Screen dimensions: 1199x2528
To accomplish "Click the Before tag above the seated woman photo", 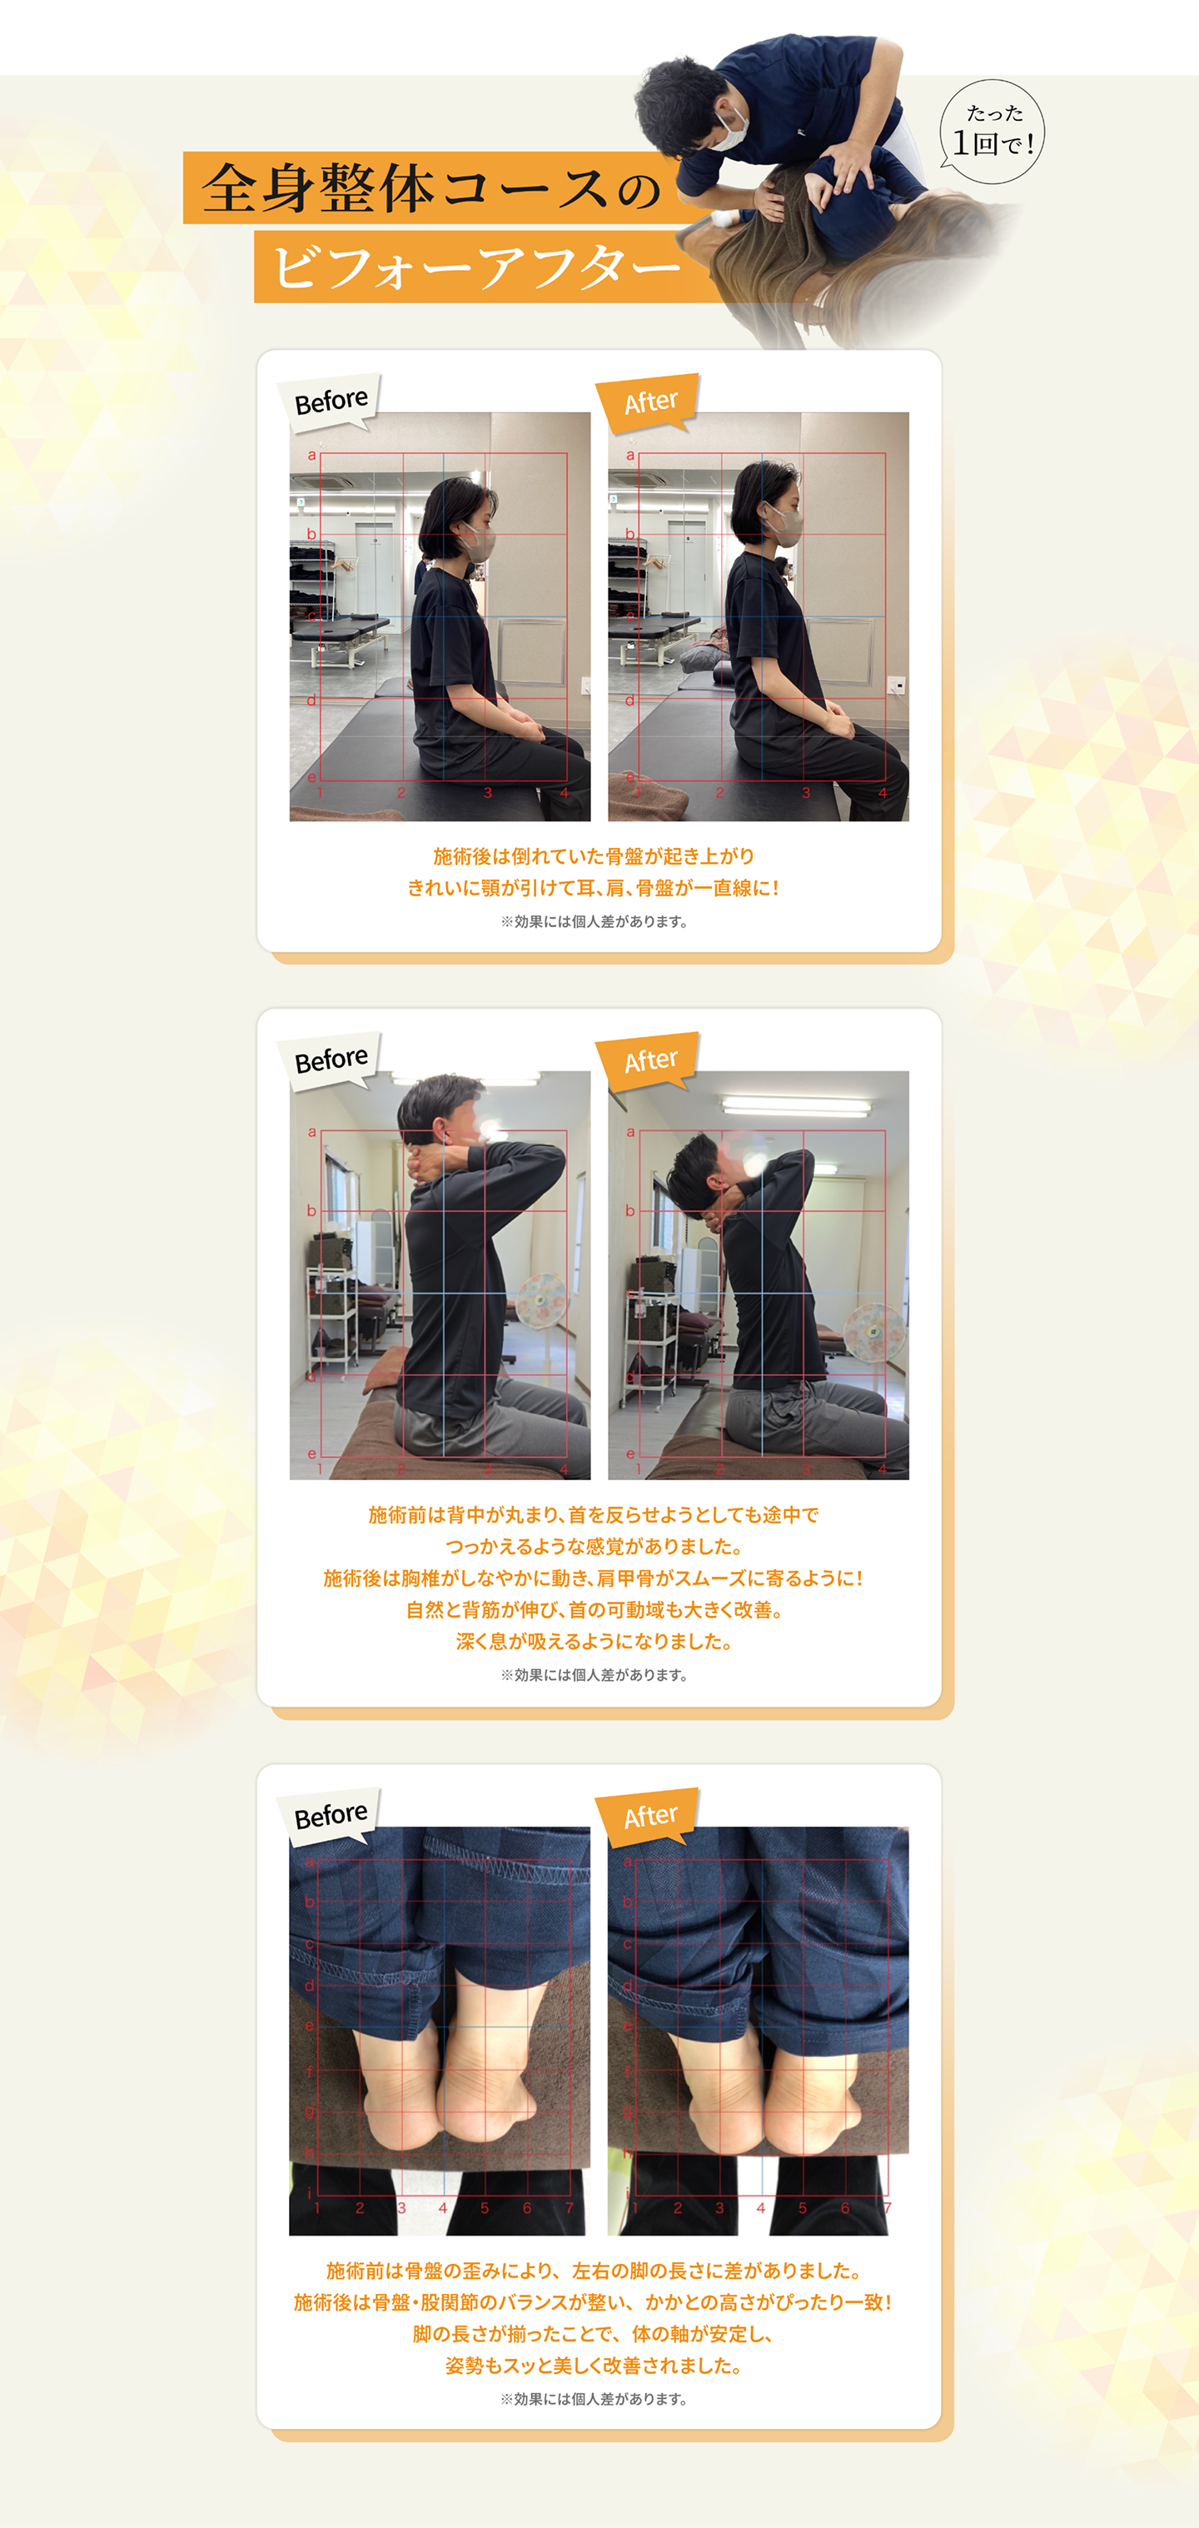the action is pos(330,401).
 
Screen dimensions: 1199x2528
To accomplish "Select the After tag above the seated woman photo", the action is pos(649,401).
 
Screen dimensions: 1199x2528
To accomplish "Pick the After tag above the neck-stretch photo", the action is pos(649,1060).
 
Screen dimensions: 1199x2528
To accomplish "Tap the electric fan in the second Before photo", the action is pos(540,1301).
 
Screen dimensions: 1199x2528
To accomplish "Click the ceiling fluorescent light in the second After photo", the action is pos(796,1107).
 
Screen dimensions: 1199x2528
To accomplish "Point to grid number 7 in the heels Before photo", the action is pos(569,2208).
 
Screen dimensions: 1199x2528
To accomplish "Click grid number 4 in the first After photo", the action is pos(882,793).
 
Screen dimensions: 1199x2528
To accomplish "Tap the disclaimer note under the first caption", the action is pos(594,921).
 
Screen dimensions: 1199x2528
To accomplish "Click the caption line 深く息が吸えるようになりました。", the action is pos(594,1642).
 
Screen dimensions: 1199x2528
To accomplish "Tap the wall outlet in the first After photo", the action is pos(895,684).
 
